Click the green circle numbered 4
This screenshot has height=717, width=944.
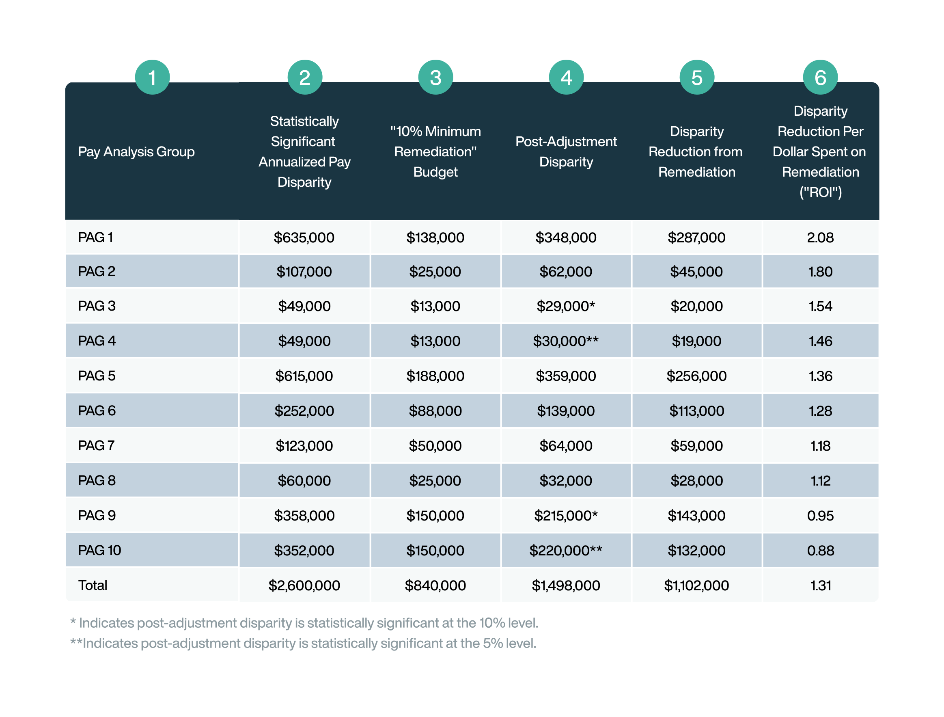(566, 77)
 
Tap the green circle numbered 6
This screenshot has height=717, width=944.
(820, 77)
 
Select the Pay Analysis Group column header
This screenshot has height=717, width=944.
(136, 151)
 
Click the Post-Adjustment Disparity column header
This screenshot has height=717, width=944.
(566, 151)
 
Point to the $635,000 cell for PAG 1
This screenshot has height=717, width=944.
(304, 238)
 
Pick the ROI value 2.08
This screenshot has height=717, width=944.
(820, 238)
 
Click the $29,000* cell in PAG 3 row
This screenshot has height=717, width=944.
(565, 306)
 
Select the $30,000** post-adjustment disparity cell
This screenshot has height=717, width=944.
(565, 341)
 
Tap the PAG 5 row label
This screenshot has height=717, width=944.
(97, 376)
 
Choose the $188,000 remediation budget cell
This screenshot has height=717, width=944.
(435, 376)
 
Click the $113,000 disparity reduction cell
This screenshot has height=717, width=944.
(696, 411)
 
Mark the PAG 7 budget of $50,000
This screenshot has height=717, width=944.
(435, 446)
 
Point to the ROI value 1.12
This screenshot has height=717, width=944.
(820, 481)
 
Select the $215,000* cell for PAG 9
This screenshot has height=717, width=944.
(565, 516)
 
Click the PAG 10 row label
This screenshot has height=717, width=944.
(99, 551)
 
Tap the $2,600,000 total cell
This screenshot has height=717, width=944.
(304, 585)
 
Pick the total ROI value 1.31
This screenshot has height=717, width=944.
(820, 585)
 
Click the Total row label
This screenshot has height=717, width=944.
(93, 585)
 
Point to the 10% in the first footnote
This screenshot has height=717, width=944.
(491, 623)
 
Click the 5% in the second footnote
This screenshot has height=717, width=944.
(492, 644)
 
